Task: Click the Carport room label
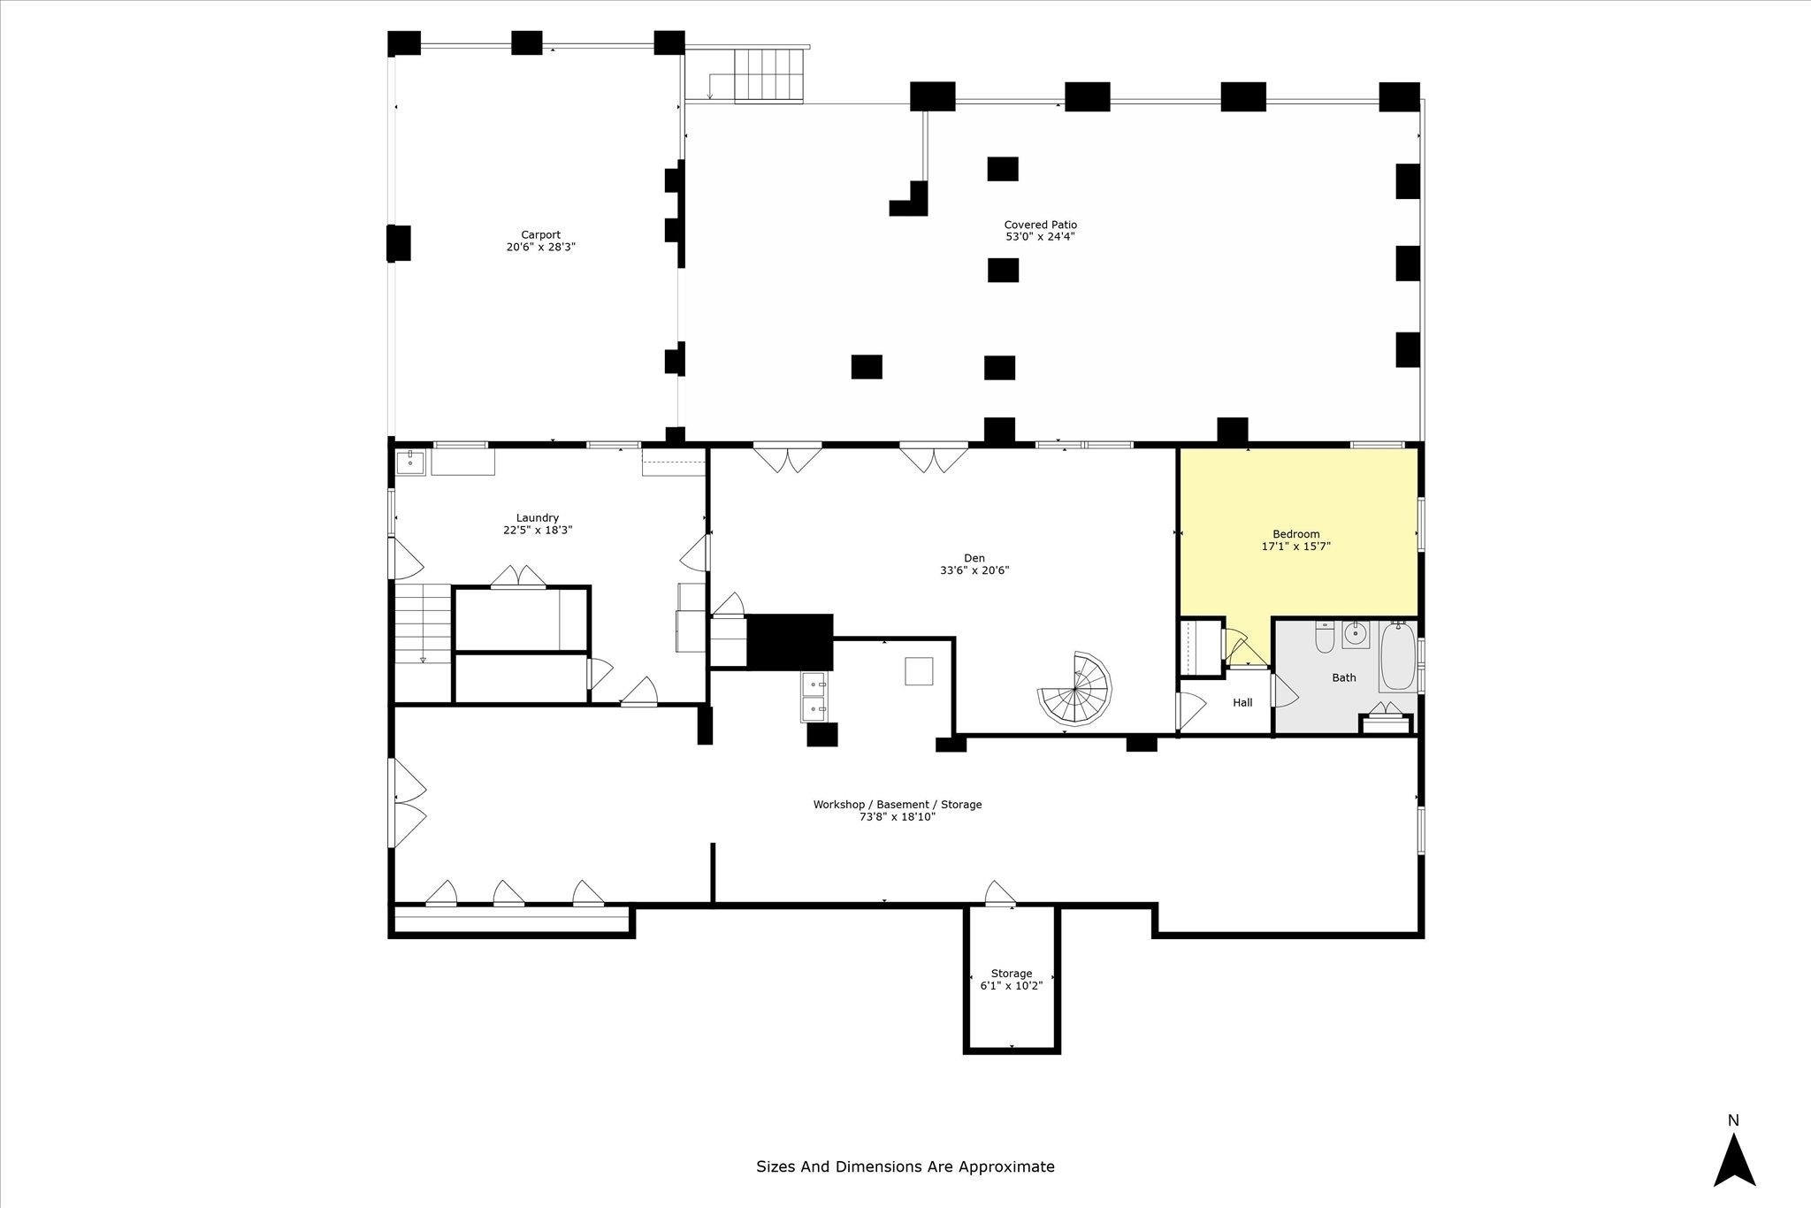coord(540,235)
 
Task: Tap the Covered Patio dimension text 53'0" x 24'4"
coord(1040,237)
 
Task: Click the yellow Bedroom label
coord(1295,534)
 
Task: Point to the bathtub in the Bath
coord(1397,656)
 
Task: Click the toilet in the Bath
coord(1324,637)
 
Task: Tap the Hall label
coord(1242,703)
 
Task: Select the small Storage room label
coord(1011,974)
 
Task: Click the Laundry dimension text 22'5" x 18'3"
coord(538,531)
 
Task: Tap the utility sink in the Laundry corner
coord(410,461)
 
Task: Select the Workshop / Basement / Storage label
coord(898,805)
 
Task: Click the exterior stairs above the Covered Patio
coord(768,76)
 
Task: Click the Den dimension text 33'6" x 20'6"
coord(974,570)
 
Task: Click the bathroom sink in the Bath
coord(1356,634)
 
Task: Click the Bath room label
coord(1344,678)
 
